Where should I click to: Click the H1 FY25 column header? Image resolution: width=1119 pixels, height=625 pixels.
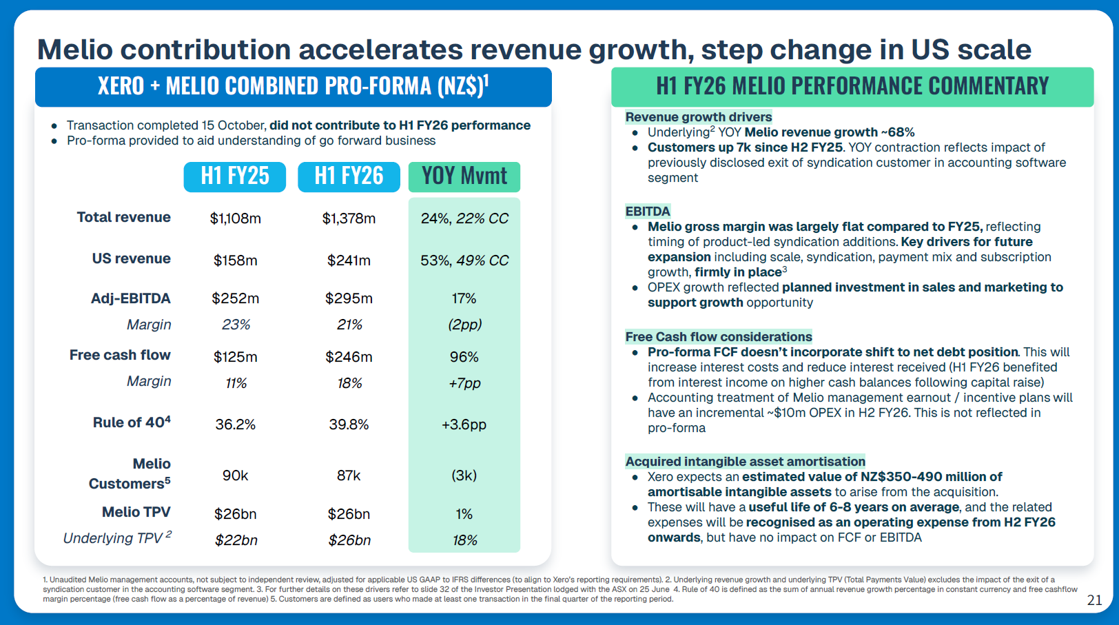pos(235,176)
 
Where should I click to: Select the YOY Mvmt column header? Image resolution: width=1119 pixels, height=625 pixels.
pos(464,176)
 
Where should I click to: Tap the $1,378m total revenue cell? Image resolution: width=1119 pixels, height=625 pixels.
pos(349,218)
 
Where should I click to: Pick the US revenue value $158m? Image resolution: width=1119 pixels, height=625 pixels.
pos(235,260)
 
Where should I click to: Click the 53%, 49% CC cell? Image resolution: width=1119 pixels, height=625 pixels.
pos(464,260)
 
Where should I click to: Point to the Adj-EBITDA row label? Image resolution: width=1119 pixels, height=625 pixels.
pos(131,298)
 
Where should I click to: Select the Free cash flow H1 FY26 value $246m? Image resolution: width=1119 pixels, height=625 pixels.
pos(349,357)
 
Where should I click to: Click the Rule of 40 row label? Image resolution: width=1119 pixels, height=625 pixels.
pos(132,422)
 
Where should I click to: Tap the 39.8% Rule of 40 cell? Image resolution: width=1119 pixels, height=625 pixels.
pos(349,424)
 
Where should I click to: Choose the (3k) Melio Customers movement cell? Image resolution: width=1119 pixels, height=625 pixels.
pos(464,475)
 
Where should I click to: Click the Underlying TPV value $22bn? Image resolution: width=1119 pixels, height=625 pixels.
pos(236,540)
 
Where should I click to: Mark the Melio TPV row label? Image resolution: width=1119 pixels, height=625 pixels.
pos(136,512)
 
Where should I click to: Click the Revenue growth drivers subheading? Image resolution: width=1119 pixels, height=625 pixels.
pos(699,117)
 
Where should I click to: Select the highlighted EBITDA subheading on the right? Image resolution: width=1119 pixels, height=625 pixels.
pos(648,212)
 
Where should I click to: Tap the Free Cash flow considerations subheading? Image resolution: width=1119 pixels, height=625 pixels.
pos(719,337)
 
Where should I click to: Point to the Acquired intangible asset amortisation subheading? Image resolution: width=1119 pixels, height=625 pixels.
pos(745,462)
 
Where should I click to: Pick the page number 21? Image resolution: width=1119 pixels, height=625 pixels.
pos(1094,600)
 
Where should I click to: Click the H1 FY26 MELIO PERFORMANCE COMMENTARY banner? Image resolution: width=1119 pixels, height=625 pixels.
pos(852,86)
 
